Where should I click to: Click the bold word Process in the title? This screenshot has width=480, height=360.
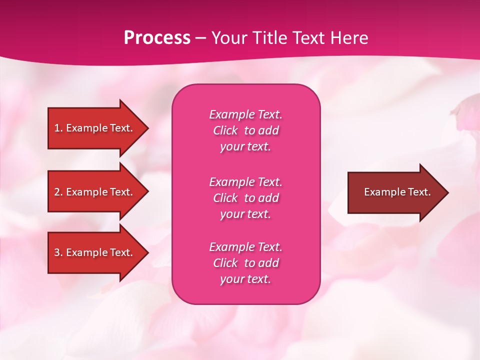click(x=157, y=38)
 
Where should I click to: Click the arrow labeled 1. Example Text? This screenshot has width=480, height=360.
click(x=95, y=128)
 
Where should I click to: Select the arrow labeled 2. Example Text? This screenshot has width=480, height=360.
click(x=95, y=192)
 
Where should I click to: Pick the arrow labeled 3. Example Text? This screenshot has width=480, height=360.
click(x=95, y=252)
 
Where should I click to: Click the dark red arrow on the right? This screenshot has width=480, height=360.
click(x=395, y=192)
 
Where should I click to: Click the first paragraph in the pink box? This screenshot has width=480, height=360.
click(x=245, y=130)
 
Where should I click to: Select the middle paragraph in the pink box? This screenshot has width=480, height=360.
click(x=245, y=198)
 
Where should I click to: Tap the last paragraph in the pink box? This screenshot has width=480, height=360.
click(x=245, y=263)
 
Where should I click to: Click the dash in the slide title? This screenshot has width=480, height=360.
click(x=200, y=38)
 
